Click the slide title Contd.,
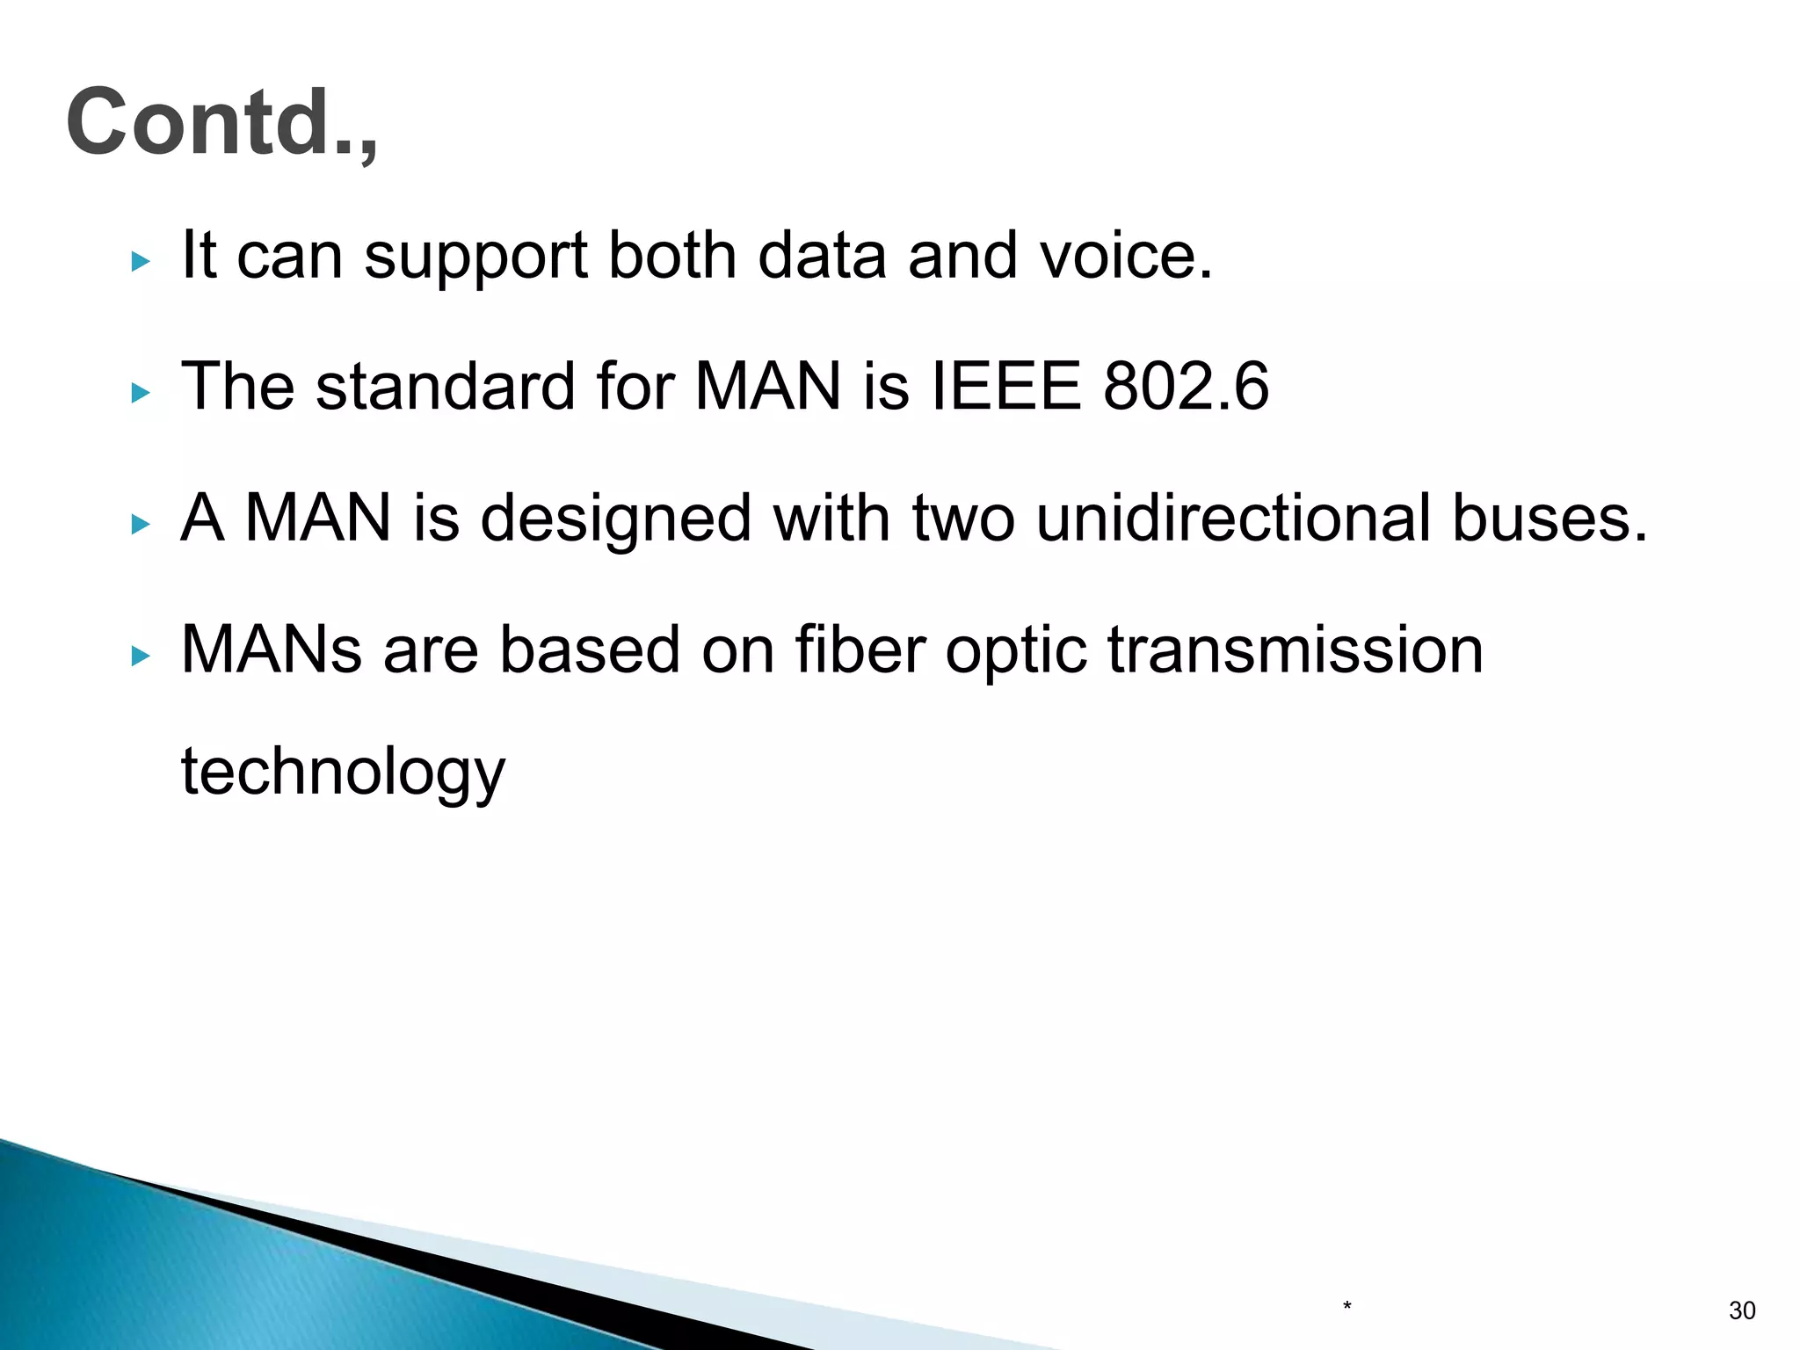(x=221, y=123)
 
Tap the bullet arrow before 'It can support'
(x=141, y=261)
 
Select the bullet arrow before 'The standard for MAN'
(x=141, y=393)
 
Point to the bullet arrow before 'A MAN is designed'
(x=141, y=525)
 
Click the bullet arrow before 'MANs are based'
(x=141, y=656)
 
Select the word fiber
(x=860, y=650)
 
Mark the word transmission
(x=1295, y=650)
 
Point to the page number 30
(x=1742, y=1310)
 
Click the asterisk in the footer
(x=1346, y=1307)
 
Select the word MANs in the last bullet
(x=272, y=650)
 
